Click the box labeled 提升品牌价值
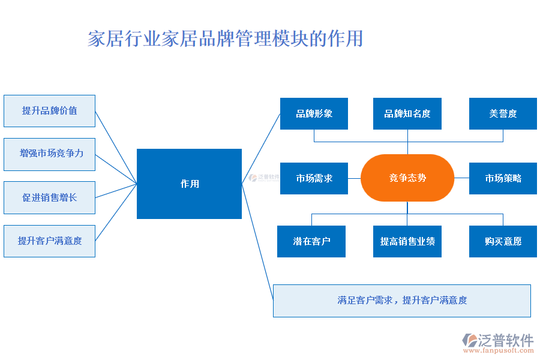pos(49,111)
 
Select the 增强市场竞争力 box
pos(49,154)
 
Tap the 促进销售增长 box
pos(49,197)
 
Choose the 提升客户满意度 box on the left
pos(49,241)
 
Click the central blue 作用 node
pos(189,184)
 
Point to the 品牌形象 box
pos(314,113)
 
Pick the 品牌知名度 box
pos(407,113)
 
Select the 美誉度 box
pos(503,113)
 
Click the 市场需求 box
pos(314,178)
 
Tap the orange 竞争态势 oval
pos(407,178)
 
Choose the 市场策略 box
pos(503,178)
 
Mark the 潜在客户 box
pos(311,241)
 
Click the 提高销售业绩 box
pos(407,241)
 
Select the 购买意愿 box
pos(503,241)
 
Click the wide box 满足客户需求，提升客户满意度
pos(401,301)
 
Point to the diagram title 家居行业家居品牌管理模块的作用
pos(225,38)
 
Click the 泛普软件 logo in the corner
pos(498,340)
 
